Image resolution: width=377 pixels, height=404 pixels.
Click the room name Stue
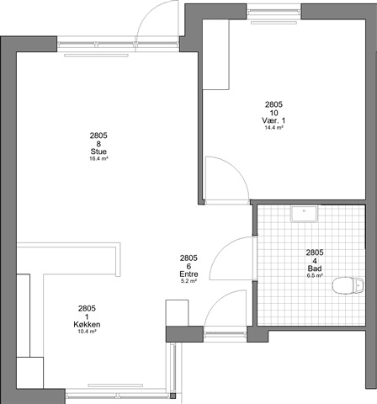(x=98, y=151)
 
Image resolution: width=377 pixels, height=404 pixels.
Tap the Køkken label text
(x=87, y=325)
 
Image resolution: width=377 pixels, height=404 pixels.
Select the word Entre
(x=188, y=274)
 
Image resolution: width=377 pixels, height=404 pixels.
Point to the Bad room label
(x=315, y=268)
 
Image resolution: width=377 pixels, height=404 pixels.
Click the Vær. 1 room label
(x=273, y=120)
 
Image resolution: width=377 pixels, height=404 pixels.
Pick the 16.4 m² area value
(x=98, y=158)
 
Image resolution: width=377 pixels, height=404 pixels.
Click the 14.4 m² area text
(x=273, y=128)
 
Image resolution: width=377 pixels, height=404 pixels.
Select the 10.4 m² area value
(x=87, y=332)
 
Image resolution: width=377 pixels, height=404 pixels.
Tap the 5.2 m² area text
(x=188, y=281)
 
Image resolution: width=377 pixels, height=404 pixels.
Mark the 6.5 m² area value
(x=315, y=275)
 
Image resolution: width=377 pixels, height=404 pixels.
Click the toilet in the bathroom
(x=348, y=285)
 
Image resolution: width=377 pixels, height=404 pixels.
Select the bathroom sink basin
(x=304, y=214)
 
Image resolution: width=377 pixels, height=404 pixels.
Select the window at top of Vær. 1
(x=273, y=12)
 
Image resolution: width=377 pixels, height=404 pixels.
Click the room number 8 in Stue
(x=98, y=144)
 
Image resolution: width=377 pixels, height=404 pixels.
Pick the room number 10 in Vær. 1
(x=273, y=113)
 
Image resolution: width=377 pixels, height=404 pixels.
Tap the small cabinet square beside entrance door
(x=177, y=313)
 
